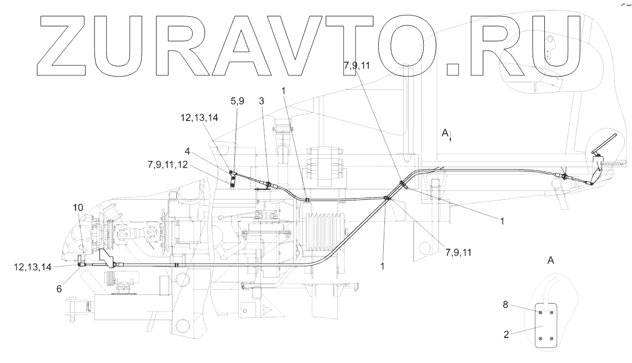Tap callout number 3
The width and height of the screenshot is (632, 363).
[x=262, y=102]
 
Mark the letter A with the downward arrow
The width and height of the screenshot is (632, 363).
[x=444, y=134]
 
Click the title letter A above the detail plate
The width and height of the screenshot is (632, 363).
[x=550, y=260]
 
